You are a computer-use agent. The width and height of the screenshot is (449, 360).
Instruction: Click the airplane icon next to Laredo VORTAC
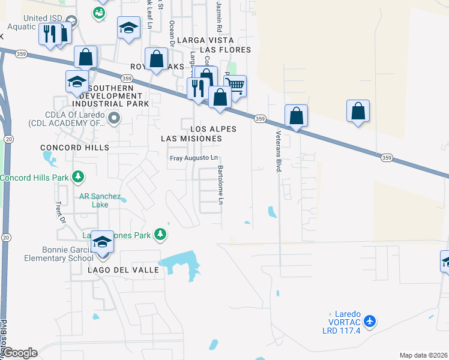(370, 322)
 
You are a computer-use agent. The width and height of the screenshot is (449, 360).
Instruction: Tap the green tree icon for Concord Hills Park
(77, 177)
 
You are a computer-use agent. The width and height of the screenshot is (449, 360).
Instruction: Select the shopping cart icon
(235, 86)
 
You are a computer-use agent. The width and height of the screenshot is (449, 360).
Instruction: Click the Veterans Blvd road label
(279, 152)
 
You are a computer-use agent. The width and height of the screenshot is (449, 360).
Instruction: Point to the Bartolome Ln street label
(221, 185)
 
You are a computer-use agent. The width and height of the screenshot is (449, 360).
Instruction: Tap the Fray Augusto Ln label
(193, 158)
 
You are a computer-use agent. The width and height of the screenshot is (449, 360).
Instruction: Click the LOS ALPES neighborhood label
(213, 129)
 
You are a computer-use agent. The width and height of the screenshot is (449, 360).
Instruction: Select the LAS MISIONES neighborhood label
(191, 139)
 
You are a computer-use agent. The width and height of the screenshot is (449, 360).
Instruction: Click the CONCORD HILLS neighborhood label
(75, 147)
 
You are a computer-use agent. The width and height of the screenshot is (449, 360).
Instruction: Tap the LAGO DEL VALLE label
(123, 270)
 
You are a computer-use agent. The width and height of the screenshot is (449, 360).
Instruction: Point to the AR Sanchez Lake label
(100, 200)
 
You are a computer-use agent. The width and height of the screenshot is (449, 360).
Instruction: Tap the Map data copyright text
(423, 355)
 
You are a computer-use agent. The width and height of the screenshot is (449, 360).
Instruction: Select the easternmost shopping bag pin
(358, 112)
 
